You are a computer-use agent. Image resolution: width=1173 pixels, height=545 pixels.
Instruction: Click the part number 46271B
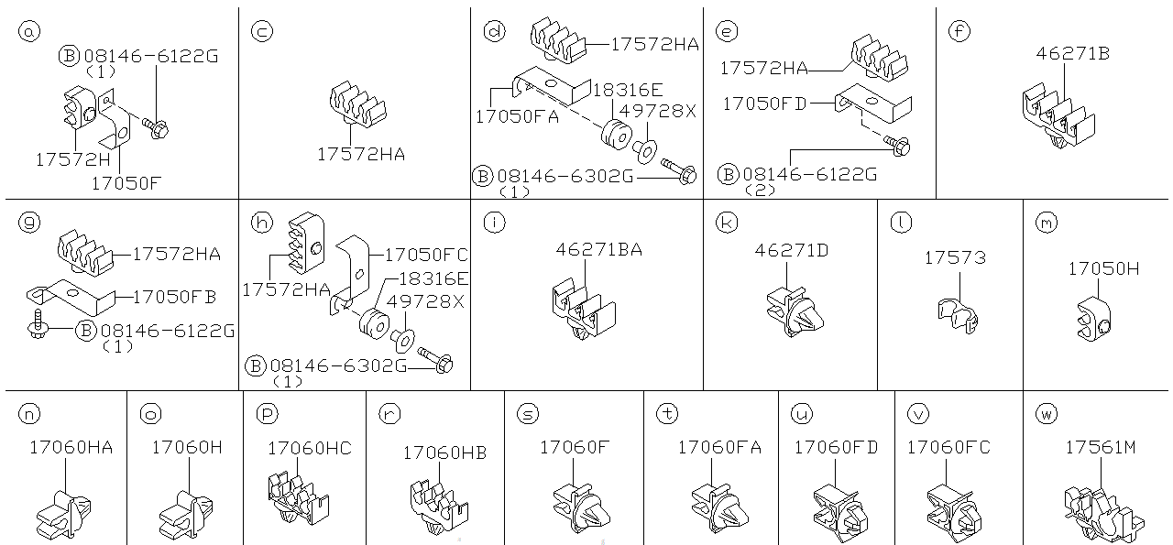coord(1073,54)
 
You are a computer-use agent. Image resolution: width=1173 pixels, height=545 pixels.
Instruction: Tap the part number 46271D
coord(791,249)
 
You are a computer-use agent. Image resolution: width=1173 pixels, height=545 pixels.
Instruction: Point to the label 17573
coord(955,258)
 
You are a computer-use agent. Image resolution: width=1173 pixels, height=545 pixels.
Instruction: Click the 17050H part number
coord(1103,268)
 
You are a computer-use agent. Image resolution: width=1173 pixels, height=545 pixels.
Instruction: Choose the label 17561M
coord(1101,448)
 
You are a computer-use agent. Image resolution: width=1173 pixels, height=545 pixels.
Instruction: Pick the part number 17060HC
coord(309,448)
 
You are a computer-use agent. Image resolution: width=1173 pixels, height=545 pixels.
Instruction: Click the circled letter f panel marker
coord(959,31)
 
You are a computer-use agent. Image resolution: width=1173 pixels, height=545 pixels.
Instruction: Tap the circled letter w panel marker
coord(1047,414)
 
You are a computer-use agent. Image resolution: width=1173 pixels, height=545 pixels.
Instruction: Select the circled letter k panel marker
coord(726,222)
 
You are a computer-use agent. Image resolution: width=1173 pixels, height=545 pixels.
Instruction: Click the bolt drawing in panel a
coord(154,129)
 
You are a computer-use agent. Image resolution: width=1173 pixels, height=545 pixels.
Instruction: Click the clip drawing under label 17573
coord(958,312)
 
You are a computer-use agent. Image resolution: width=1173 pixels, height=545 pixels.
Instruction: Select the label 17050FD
coord(764,104)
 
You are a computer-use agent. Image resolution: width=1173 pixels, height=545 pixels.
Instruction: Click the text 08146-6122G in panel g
coord(168,330)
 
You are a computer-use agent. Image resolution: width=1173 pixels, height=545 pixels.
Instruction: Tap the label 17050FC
coord(425,256)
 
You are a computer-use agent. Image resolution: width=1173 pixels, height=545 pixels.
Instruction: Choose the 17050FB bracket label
coord(175,296)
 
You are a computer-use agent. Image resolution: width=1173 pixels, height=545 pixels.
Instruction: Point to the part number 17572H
coord(73,159)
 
